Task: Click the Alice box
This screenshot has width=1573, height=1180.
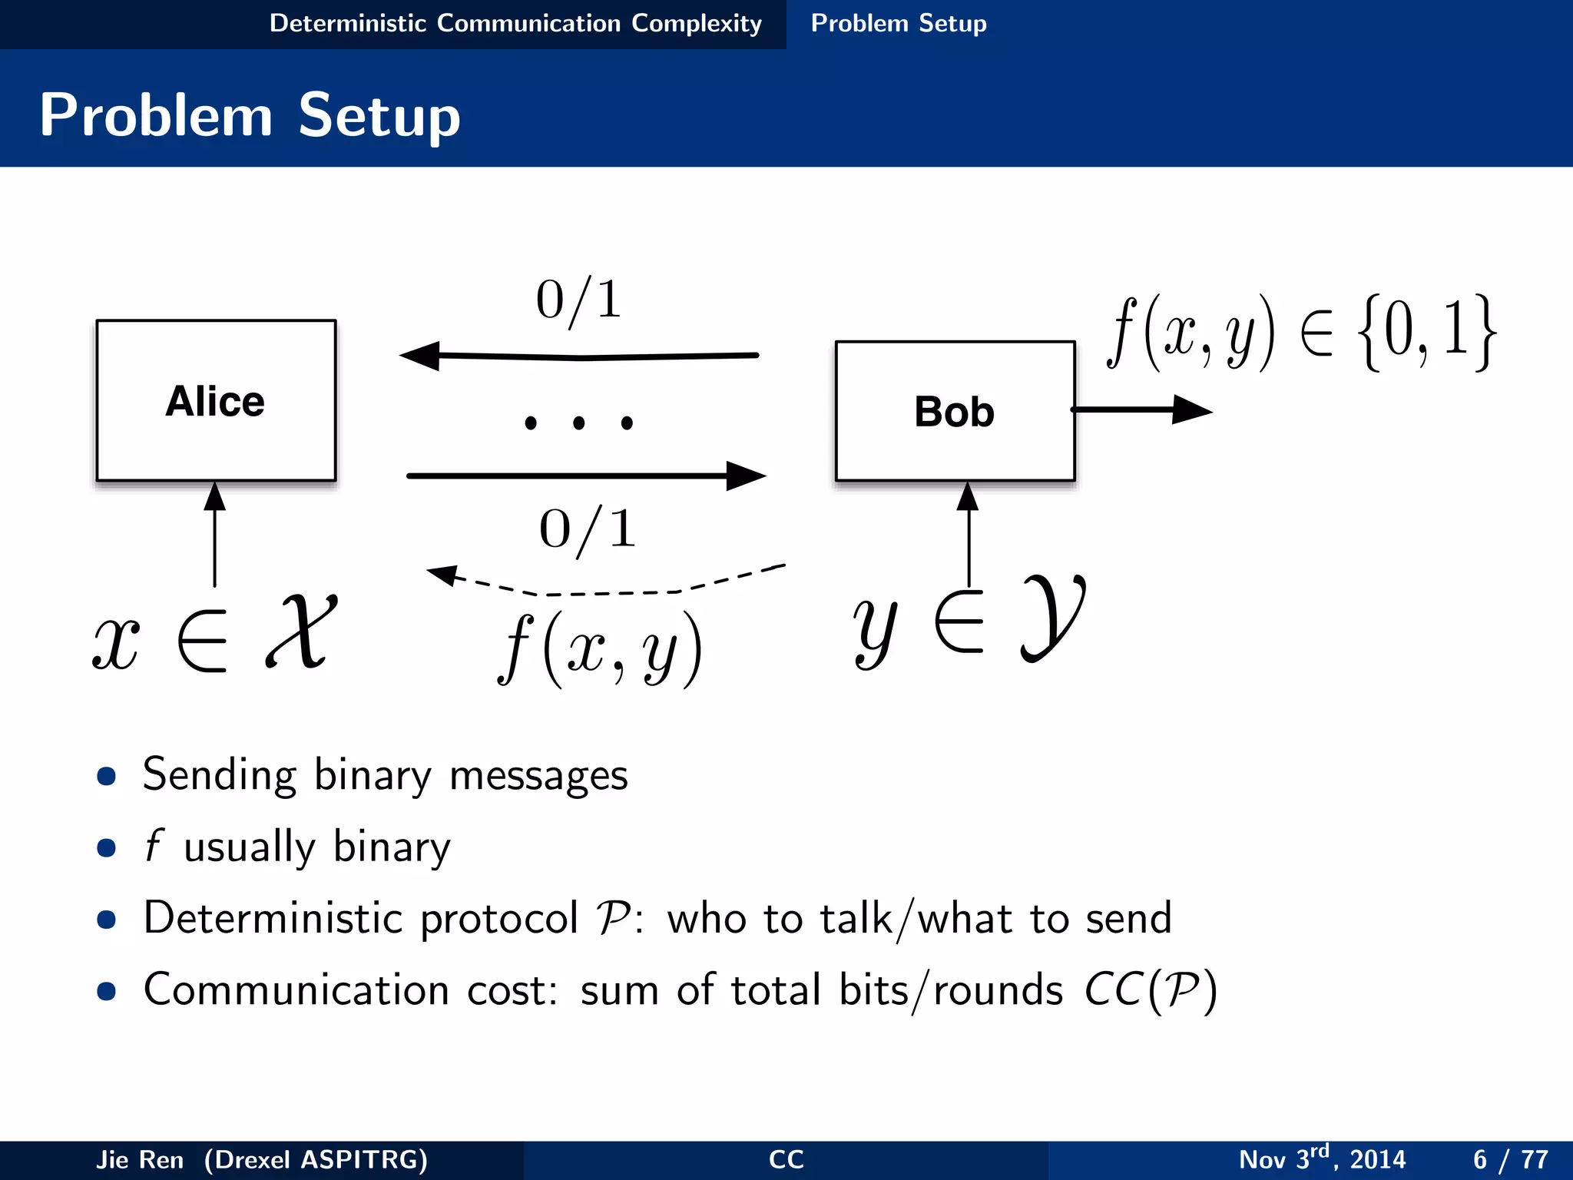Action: [216, 400]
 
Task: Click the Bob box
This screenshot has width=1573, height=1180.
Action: [955, 412]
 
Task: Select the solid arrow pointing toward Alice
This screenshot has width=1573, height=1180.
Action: [579, 356]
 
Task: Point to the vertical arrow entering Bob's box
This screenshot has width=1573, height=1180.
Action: [969, 534]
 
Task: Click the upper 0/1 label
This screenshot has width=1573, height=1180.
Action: [579, 300]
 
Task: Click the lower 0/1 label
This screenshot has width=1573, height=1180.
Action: [588, 529]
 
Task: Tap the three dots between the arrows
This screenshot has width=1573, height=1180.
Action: [579, 423]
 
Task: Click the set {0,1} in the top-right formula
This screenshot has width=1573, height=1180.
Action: [1426, 333]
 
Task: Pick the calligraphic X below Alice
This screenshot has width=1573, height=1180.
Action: [302, 631]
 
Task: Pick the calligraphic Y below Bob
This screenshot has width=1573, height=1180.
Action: [1053, 617]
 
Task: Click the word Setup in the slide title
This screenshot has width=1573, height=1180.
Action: [379, 115]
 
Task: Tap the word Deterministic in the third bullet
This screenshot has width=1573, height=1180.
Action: [273, 918]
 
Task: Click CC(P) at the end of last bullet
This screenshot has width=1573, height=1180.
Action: [1150, 990]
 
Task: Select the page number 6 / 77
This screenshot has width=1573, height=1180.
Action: [1510, 1159]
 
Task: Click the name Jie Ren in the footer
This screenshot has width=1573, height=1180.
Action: [140, 1159]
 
